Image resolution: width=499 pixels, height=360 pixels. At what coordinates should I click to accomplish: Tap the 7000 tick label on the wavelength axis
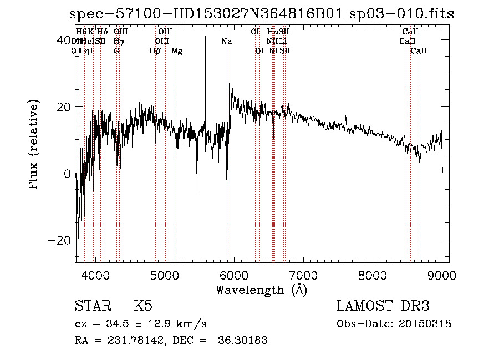click(303, 276)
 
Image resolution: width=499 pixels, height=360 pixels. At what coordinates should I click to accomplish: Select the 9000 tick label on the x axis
click(442, 276)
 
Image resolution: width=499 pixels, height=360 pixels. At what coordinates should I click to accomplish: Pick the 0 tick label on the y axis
click(67, 174)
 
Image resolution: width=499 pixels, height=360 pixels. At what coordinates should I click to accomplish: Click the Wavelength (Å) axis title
click(261, 290)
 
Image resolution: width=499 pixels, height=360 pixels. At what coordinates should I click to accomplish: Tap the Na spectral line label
click(226, 41)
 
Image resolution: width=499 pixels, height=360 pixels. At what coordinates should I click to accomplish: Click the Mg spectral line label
click(177, 51)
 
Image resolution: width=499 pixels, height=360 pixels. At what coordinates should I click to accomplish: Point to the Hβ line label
click(155, 51)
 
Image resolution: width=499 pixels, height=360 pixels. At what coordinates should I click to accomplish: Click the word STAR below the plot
click(93, 306)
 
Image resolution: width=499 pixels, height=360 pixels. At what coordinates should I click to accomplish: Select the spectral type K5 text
click(143, 306)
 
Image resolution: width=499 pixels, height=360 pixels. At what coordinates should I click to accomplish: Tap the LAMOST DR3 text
click(383, 306)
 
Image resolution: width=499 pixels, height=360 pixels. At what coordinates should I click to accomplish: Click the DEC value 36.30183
click(245, 341)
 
